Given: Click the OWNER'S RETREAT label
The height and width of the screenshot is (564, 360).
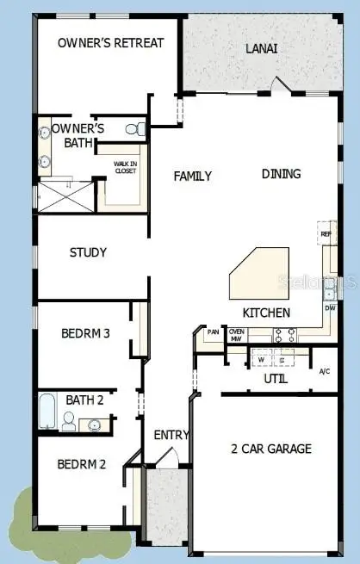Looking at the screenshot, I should click(109, 43).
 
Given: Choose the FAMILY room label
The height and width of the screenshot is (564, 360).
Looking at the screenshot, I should click(193, 176).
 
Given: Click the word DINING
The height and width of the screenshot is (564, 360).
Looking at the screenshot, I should click(282, 174).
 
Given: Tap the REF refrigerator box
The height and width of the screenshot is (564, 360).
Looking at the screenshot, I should click(326, 234).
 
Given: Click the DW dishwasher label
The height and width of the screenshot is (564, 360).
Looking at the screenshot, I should click(329, 307).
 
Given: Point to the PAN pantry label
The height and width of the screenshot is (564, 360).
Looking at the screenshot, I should click(213, 332).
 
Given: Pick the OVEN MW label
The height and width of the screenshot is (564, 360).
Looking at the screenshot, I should click(235, 335).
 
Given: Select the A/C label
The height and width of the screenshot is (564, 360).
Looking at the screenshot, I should click(324, 372).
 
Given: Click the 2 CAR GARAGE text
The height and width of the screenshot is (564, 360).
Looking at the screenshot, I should click(271, 449).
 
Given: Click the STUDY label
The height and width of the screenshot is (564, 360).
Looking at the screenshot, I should click(88, 252).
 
